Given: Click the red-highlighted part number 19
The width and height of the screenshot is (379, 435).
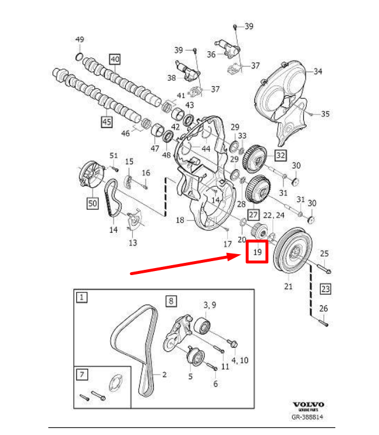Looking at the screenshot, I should (x=257, y=252).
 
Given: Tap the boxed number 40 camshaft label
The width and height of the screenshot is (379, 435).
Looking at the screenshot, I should (x=114, y=59).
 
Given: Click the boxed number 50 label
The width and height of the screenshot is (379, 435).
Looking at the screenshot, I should (x=93, y=203).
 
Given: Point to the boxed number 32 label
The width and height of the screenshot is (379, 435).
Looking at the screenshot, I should (x=281, y=155).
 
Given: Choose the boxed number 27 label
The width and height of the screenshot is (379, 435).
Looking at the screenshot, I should (x=253, y=215).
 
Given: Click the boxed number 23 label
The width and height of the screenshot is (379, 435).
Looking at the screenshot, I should (x=325, y=288).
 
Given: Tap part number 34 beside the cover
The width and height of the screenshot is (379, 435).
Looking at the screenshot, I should (x=318, y=72).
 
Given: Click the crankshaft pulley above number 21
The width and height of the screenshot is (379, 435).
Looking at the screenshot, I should (x=295, y=251).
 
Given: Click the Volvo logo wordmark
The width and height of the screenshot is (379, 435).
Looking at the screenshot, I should (x=308, y=404).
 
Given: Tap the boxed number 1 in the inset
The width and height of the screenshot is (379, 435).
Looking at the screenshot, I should (x=82, y=297).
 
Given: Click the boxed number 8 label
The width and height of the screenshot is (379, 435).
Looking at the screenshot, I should (x=171, y=301).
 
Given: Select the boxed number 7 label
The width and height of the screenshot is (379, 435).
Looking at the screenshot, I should (x=82, y=374).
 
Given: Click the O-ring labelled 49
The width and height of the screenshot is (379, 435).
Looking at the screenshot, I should (x=79, y=56).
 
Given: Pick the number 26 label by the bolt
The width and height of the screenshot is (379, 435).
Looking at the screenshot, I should (x=324, y=308).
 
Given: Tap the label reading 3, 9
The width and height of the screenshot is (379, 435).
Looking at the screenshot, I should (x=209, y=305).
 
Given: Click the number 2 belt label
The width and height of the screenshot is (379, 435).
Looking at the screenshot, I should (x=165, y=375).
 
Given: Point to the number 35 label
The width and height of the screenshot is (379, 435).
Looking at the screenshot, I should (x=325, y=113).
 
